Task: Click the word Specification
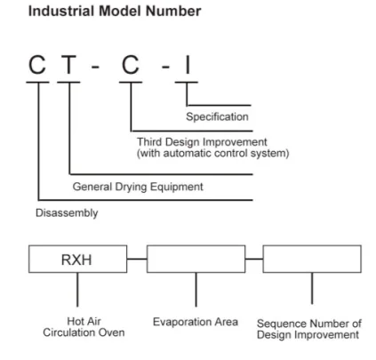[x=217, y=116]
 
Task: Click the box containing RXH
[x=77, y=260]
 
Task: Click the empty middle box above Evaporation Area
[x=196, y=260]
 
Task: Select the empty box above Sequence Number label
[x=312, y=260]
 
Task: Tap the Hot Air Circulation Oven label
[x=77, y=326]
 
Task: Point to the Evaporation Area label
[x=195, y=321]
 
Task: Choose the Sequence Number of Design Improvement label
[x=312, y=326]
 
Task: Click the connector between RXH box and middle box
[x=136, y=260]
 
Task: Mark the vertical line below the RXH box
[x=77, y=289]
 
